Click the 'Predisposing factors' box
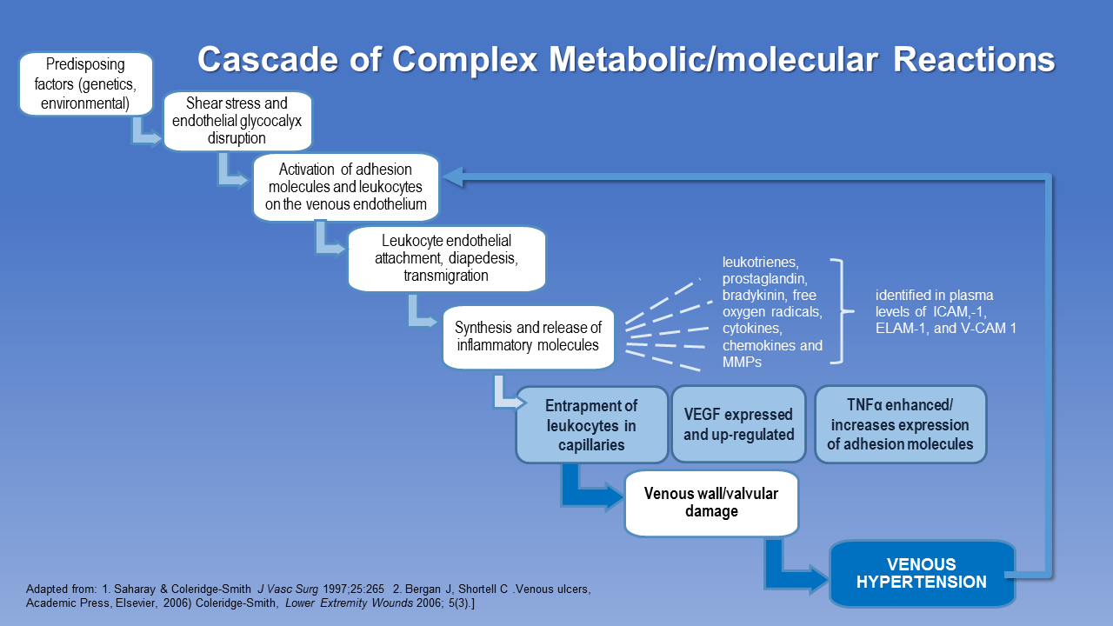coord(86,84)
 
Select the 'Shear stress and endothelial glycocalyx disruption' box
coord(237,121)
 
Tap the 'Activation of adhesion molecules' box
coord(346,187)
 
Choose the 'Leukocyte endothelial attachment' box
coord(446,258)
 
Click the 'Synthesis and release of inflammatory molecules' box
coord(528,336)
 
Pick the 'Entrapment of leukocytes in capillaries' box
coord(591,425)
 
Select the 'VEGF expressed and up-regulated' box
coord(738,423)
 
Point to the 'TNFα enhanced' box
coord(899,425)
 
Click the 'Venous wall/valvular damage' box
coord(710,503)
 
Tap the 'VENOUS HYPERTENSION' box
coord(922,574)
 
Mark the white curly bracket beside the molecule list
coord(840,310)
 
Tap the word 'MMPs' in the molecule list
coord(742,362)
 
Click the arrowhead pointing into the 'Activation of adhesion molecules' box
coord(450,176)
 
